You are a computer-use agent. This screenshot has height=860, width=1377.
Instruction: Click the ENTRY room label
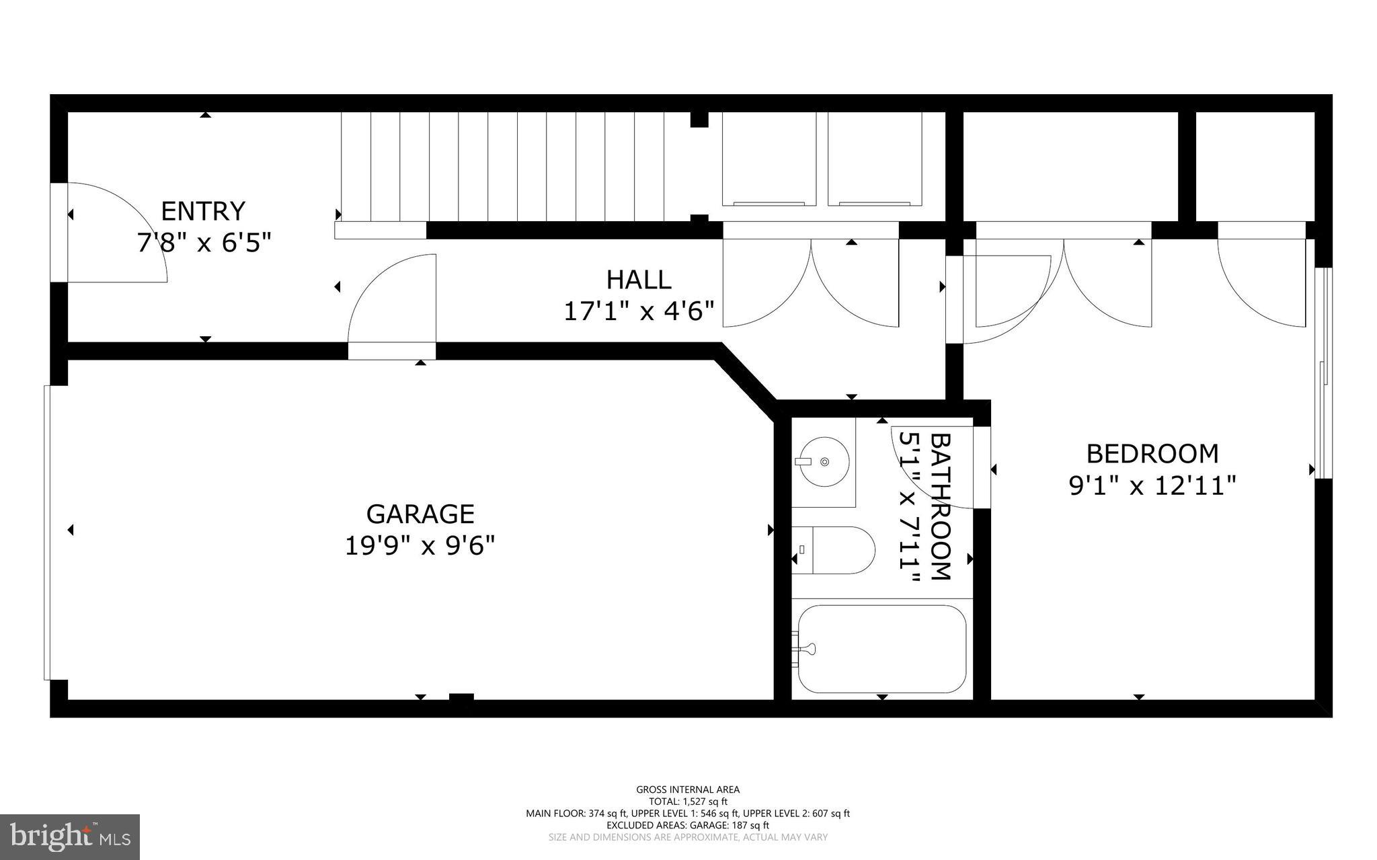click(203, 211)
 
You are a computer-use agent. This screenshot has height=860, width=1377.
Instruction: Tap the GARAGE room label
click(420, 514)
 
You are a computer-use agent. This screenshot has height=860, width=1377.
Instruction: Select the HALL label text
click(638, 280)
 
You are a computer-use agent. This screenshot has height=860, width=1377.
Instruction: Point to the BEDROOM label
click(1152, 454)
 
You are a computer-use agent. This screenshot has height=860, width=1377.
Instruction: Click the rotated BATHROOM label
click(940, 506)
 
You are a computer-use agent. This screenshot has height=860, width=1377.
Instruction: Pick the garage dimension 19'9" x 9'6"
click(420, 545)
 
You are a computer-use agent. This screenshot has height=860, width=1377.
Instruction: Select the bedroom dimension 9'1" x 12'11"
click(1152, 485)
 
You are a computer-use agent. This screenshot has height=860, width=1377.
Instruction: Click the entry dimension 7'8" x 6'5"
click(204, 243)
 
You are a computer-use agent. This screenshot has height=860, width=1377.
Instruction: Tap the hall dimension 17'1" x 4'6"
click(638, 311)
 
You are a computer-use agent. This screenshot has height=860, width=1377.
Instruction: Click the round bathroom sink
click(824, 462)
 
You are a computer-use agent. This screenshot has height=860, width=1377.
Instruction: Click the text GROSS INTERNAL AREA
click(688, 789)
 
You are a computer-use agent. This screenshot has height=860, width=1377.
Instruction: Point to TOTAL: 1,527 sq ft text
click(688, 802)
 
